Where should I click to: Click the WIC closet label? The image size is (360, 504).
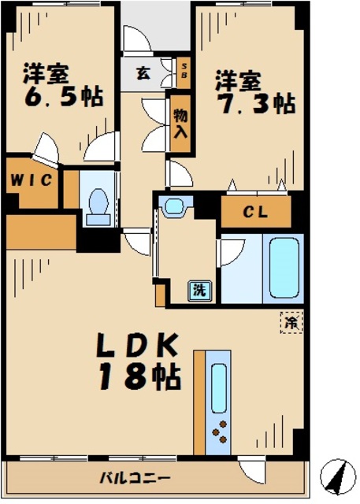click(32, 180)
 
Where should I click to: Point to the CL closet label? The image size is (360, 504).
click(254, 211)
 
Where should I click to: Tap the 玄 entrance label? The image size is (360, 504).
click(143, 74)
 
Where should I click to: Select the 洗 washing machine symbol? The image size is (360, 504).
click(200, 290)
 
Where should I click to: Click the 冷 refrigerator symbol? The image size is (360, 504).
click(291, 321)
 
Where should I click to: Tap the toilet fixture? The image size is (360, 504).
click(99, 204)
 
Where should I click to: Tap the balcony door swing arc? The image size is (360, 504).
click(253, 469)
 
